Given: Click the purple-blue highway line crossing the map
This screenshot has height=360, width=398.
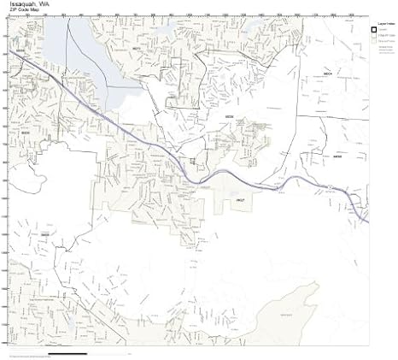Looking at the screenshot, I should pyautogui.click(x=154, y=145).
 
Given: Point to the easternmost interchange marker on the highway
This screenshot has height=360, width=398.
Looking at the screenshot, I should pyautogui.click(x=330, y=186).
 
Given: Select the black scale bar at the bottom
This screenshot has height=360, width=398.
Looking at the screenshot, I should pyautogui.click(x=68, y=353).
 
